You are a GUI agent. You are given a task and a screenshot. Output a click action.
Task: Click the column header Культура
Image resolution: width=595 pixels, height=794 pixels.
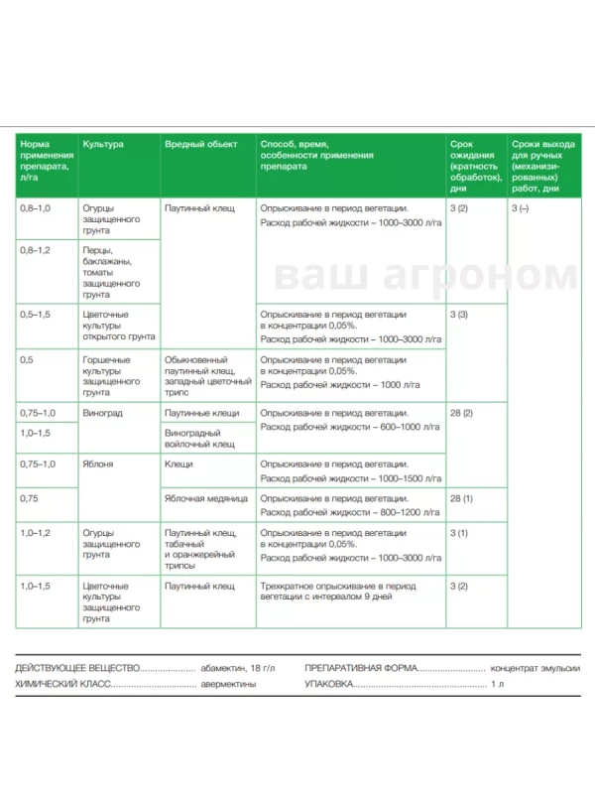103,144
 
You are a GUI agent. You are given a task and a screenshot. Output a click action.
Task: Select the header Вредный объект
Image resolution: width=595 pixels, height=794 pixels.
200,144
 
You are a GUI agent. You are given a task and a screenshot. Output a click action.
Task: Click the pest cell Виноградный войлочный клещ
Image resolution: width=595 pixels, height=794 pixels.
200,438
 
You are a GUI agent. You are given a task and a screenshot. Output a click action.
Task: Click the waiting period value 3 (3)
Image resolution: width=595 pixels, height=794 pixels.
458,314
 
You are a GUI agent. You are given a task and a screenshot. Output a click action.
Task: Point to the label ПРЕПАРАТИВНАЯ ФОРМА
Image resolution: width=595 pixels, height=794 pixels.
361,669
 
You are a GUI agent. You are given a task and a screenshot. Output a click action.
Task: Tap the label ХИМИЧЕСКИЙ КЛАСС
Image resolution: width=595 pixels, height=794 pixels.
62,685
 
